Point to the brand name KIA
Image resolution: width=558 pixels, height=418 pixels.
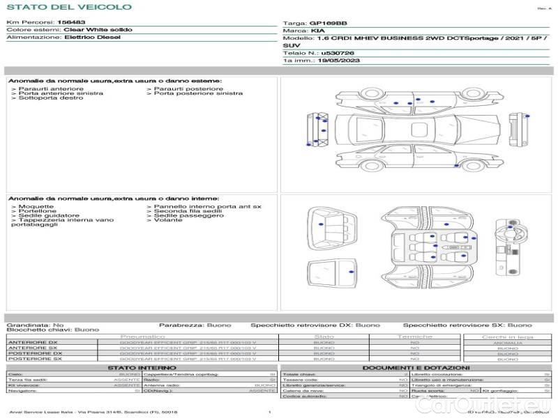317,31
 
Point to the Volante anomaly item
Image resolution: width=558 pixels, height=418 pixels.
169,220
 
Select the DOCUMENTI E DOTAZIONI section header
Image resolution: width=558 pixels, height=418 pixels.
416,367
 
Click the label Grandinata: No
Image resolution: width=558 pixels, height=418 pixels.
35,325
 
